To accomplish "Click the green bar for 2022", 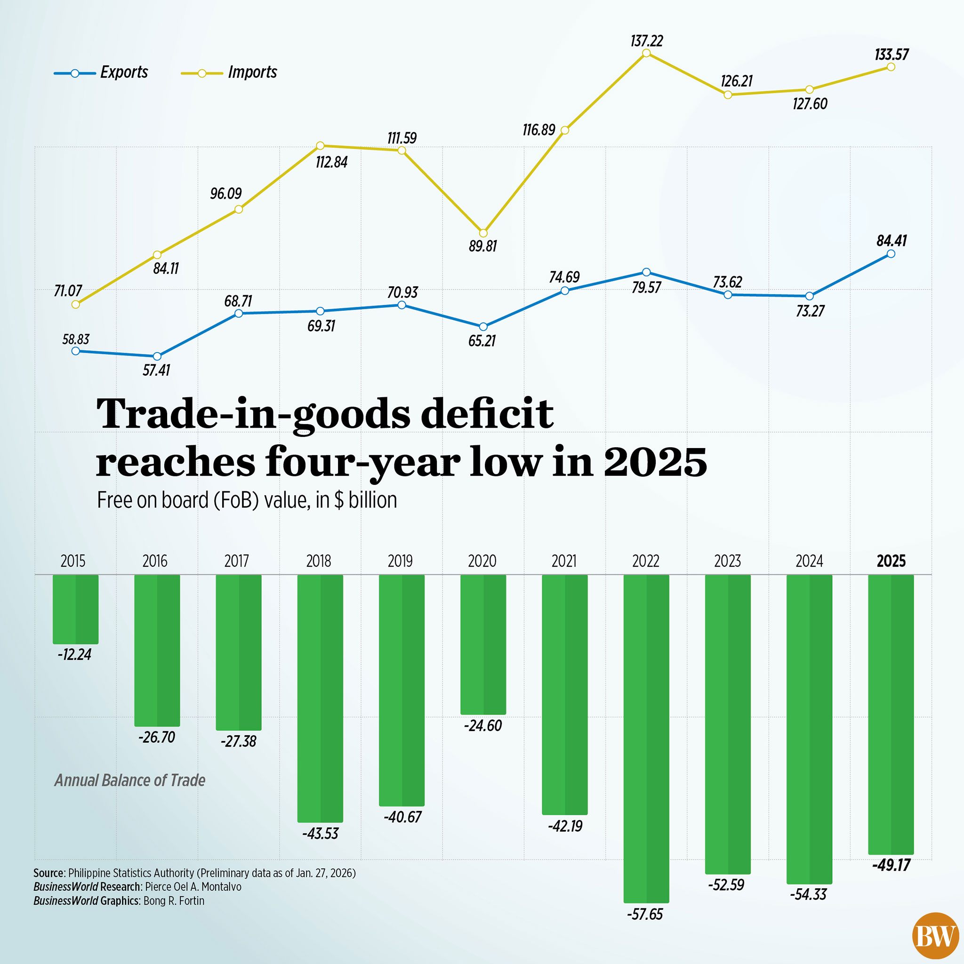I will (x=646, y=739).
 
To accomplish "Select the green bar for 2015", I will (x=75, y=609).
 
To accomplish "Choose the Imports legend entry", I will (x=229, y=73).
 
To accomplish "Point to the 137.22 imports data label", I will (x=646, y=41).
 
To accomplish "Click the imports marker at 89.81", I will (x=483, y=233).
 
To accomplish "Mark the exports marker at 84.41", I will (x=891, y=254).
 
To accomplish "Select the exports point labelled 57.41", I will (x=157, y=356).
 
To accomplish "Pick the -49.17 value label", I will (x=891, y=865).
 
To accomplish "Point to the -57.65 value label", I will (x=645, y=914).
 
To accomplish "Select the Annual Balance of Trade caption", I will (x=130, y=780).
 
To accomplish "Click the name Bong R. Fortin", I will (x=174, y=900).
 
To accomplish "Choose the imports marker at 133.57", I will (x=891, y=67).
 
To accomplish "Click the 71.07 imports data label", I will (x=68, y=291).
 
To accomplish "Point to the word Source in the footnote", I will (x=48, y=873).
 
